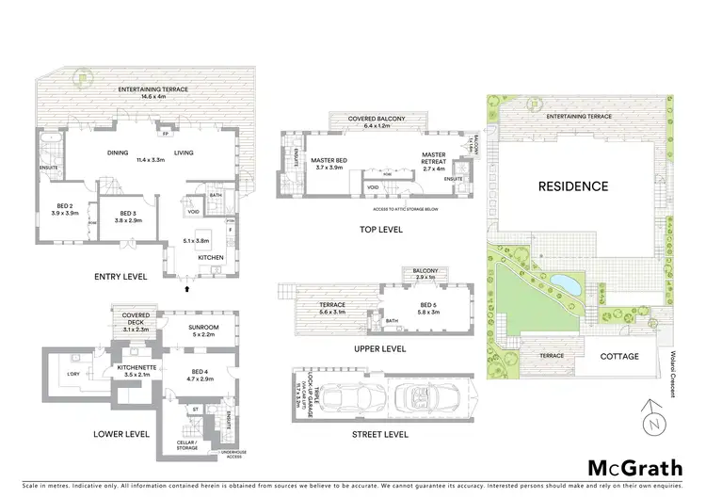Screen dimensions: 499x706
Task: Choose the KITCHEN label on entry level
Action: (x=209, y=256)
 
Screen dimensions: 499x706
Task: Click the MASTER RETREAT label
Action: (x=433, y=159)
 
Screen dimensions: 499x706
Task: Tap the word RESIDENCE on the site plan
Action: (x=573, y=185)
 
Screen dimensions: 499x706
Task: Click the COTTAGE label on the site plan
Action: (x=619, y=356)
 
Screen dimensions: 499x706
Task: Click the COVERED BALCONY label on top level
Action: (x=376, y=121)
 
